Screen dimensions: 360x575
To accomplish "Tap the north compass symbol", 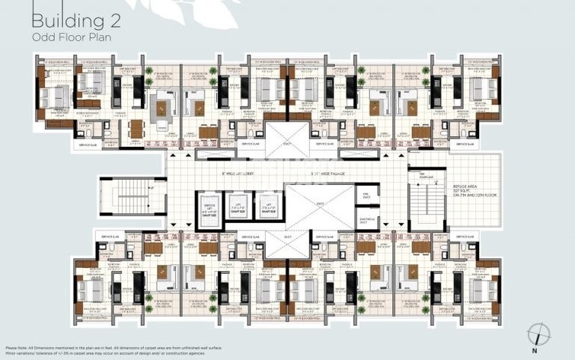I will [x=538, y=333].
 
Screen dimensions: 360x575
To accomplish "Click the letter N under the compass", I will [x=538, y=350].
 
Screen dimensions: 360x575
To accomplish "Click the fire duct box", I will [x=366, y=196].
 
